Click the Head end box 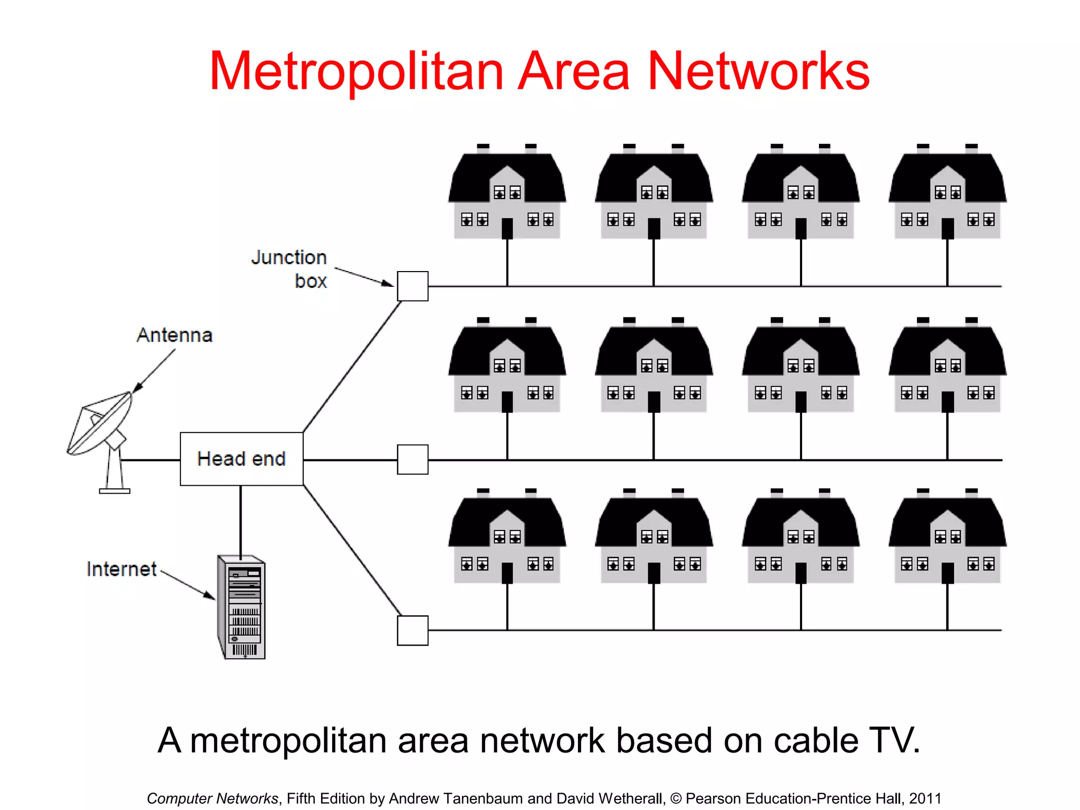(242, 459)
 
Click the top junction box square (412, 286)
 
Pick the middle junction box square (412, 459)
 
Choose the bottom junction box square (412, 630)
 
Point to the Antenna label (175, 335)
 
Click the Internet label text (121, 570)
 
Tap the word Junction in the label (289, 257)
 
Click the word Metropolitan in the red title (356, 72)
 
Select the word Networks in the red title (758, 72)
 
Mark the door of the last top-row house (948, 228)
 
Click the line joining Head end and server (241, 519)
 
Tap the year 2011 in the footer (925, 798)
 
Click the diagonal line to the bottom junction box (352, 550)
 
